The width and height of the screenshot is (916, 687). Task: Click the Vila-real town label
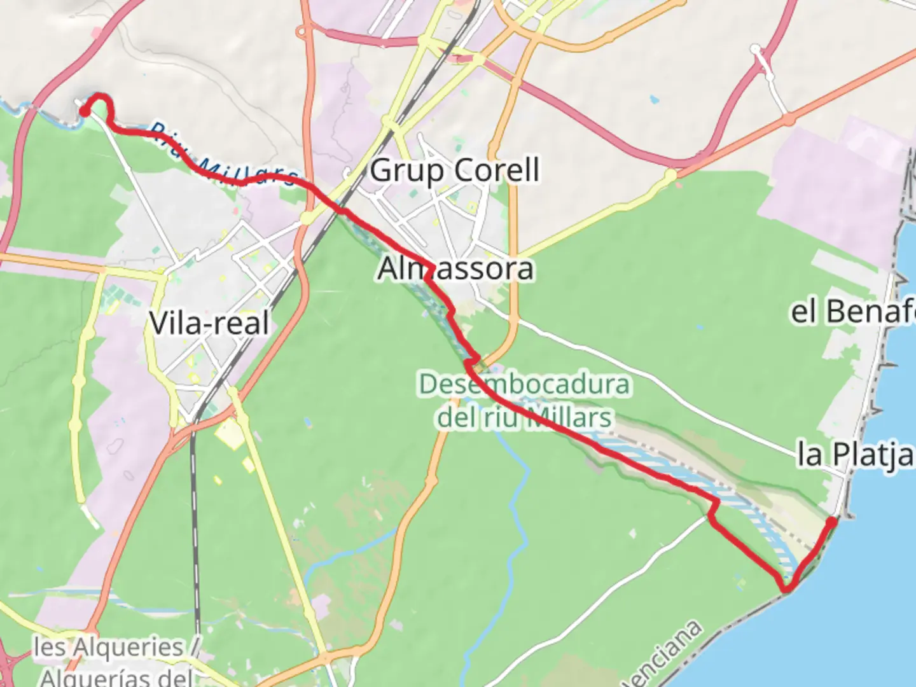click(209, 323)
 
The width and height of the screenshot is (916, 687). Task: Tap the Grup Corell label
click(454, 170)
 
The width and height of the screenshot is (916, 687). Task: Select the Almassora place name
click(455, 268)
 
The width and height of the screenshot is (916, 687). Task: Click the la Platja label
click(856, 454)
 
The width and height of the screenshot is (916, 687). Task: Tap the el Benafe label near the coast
click(852, 312)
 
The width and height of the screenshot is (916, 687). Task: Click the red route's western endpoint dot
click(83, 113)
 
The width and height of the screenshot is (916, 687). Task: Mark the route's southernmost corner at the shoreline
click(787, 588)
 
